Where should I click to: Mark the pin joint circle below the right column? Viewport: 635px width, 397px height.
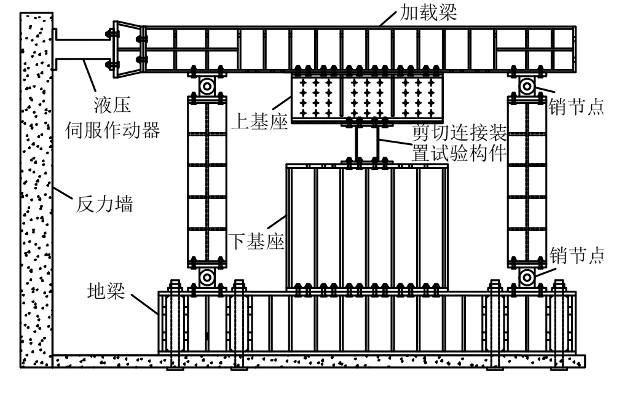point(527,277)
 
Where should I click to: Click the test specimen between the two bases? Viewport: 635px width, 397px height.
point(367,143)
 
